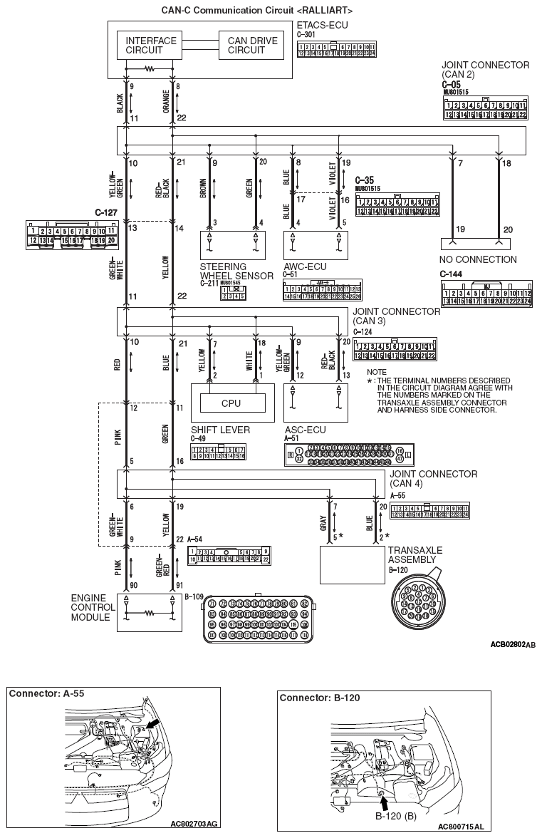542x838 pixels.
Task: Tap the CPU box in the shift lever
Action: [231, 403]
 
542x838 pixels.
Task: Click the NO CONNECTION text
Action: [479, 259]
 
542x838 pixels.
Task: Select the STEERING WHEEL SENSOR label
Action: [236, 271]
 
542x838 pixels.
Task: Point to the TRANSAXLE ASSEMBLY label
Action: [415, 555]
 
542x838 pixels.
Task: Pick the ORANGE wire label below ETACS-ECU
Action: [166, 101]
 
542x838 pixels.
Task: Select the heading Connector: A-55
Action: [41, 693]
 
